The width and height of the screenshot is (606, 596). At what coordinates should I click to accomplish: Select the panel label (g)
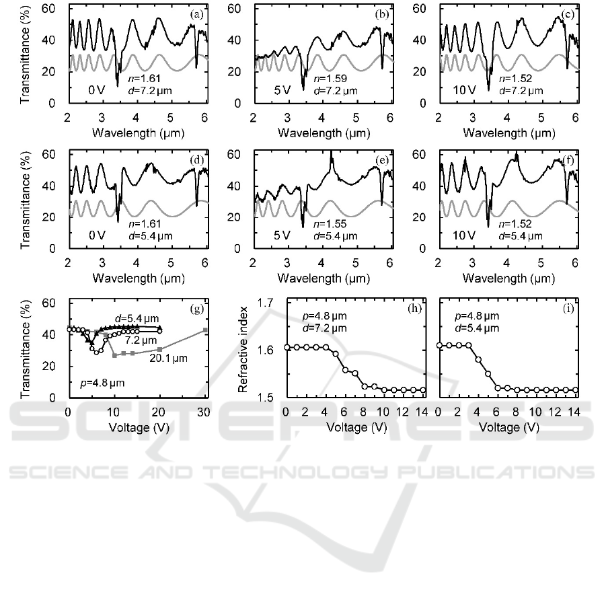click(x=198, y=309)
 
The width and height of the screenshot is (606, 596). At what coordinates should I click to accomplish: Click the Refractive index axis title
click(x=245, y=350)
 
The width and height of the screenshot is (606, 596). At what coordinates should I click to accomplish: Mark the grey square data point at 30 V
click(x=205, y=330)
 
